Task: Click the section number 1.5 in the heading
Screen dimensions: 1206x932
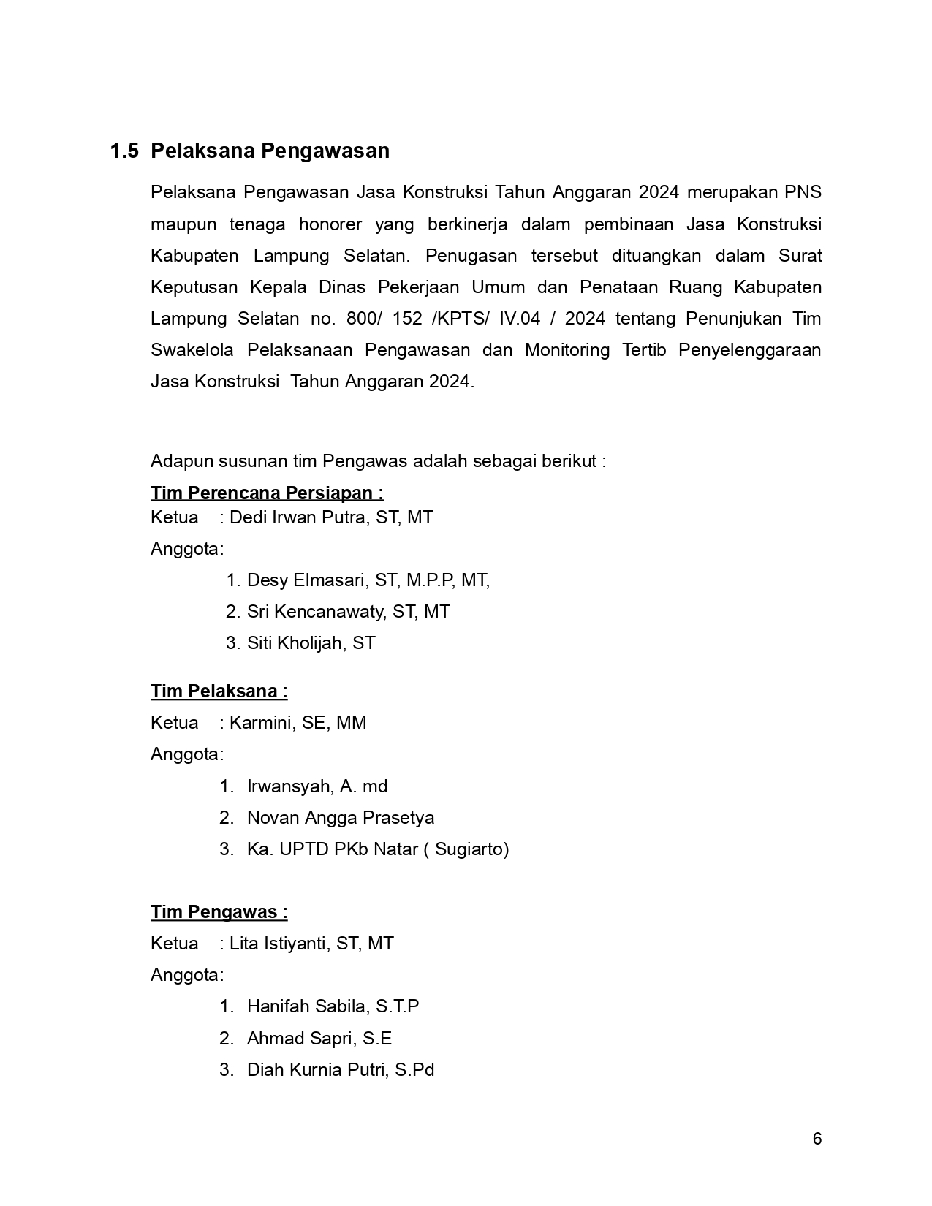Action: (x=124, y=151)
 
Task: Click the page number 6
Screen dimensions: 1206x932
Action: (x=817, y=1139)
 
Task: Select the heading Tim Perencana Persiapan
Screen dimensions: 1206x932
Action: (x=267, y=493)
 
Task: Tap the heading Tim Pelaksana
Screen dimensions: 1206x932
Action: (x=219, y=691)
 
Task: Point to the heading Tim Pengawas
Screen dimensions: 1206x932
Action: (x=219, y=912)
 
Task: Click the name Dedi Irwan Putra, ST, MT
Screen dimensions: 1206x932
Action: (x=331, y=517)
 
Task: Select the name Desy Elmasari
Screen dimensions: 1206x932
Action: (x=308, y=580)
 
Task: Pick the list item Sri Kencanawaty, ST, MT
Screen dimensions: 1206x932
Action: (x=348, y=612)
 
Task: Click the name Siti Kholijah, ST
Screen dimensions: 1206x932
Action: (x=311, y=643)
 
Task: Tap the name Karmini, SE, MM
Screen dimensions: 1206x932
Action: (x=298, y=723)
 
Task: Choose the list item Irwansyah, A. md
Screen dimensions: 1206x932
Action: (x=317, y=786)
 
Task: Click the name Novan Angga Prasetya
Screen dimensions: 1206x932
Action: (x=341, y=818)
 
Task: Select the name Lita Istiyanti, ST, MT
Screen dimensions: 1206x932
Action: (x=311, y=944)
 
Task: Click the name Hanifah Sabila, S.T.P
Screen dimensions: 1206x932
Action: (x=333, y=1006)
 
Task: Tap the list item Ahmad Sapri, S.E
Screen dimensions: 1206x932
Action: (x=319, y=1039)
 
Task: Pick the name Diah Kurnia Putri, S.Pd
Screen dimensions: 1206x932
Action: (x=341, y=1070)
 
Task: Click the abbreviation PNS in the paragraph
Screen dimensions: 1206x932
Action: (x=803, y=192)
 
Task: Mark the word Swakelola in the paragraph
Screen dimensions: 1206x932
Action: (x=192, y=350)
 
